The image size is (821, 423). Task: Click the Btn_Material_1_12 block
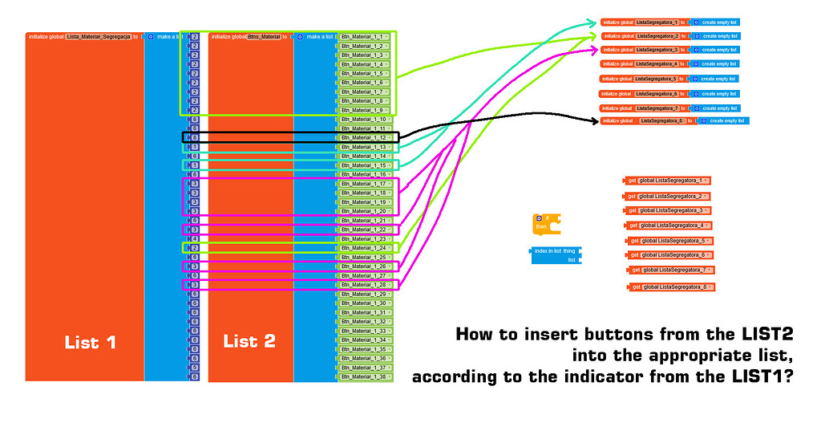pyautogui.click(x=363, y=137)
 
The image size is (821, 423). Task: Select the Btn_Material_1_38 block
pyautogui.click(x=363, y=376)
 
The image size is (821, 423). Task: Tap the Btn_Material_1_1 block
pyautogui.click(x=362, y=37)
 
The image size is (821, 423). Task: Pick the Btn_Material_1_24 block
pyautogui.click(x=363, y=248)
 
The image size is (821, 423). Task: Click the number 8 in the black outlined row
pyautogui.click(x=194, y=137)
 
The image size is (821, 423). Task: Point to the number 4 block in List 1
pyautogui.click(x=194, y=239)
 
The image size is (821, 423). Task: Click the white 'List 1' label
pyautogui.click(x=90, y=342)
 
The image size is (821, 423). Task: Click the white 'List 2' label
pyautogui.click(x=249, y=341)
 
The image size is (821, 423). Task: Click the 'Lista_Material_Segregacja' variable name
pyautogui.click(x=98, y=37)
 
